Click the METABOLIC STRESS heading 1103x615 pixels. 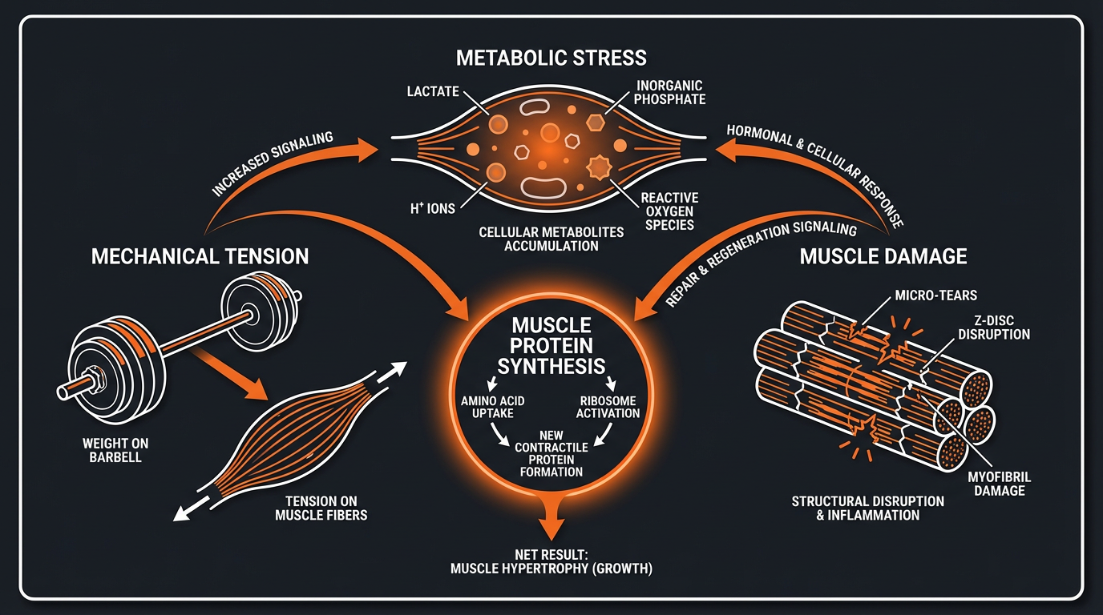(551, 58)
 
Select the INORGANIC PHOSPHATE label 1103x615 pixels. (670, 91)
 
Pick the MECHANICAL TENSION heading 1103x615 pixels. (200, 256)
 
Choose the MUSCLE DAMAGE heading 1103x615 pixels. (883, 256)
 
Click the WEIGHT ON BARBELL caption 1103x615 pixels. (115, 450)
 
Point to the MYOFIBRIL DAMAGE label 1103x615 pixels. (1000, 484)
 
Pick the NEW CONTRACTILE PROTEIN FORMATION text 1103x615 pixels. (551, 453)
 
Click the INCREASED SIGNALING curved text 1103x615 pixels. (273, 165)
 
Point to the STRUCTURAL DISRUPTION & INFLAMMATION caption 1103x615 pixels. (867, 508)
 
